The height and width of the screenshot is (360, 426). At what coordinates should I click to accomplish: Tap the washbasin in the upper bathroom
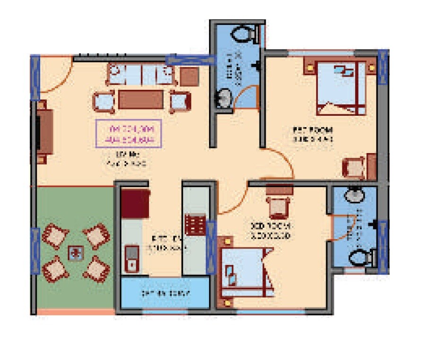[x=224, y=98]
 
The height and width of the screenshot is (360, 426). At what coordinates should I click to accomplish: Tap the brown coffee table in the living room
[x=141, y=100]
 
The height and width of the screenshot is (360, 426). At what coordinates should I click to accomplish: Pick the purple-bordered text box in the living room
[x=129, y=134]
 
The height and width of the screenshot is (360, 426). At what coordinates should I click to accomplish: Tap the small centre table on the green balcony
[x=75, y=253]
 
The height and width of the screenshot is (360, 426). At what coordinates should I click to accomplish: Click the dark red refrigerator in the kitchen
[x=135, y=204]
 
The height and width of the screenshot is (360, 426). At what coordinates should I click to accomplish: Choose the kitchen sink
[x=131, y=258]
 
